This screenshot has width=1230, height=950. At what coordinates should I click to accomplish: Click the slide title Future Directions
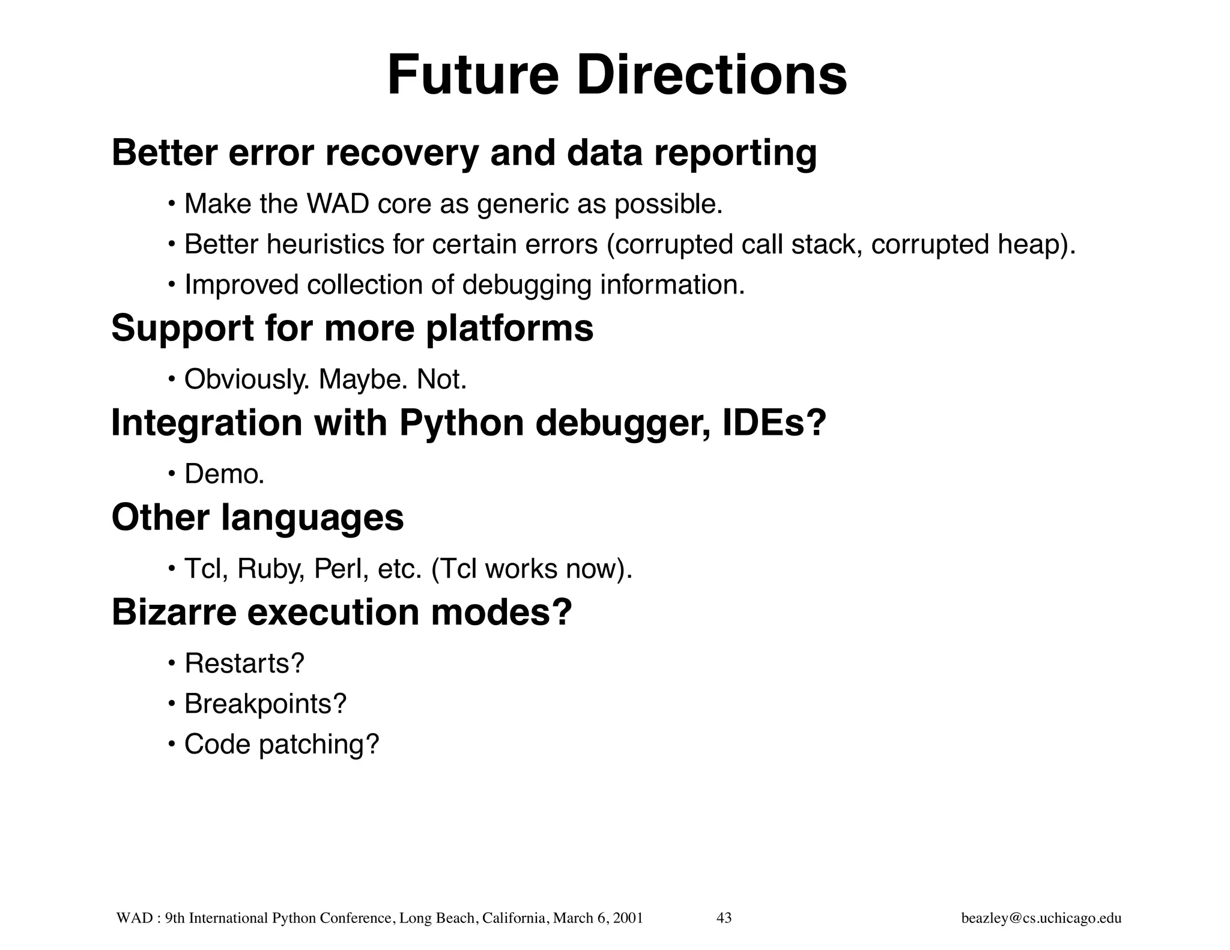[617, 76]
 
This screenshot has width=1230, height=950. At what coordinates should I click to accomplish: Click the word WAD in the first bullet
[338, 204]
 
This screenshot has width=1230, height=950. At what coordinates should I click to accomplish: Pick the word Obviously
[246, 380]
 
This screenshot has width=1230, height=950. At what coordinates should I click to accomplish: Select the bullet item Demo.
[224, 474]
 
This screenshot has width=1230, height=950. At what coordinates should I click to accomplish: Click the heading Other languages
[258, 518]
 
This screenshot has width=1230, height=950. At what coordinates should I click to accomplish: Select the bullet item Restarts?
[244, 664]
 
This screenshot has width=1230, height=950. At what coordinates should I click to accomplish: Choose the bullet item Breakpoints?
[265, 704]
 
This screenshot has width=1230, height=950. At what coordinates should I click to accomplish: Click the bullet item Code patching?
[282, 744]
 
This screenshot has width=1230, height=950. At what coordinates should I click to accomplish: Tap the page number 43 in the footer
[724, 918]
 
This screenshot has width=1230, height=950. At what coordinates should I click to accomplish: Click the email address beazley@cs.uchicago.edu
[1041, 918]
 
